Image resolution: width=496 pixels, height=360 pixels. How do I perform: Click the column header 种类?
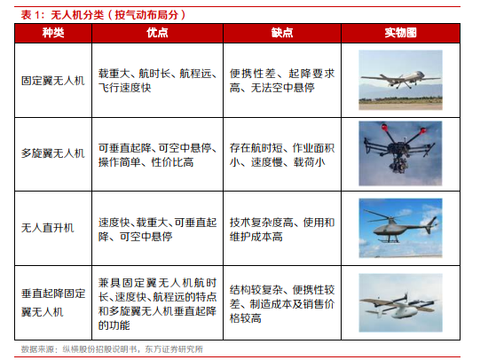coord(53,33)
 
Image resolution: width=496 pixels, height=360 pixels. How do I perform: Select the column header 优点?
coord(157,33)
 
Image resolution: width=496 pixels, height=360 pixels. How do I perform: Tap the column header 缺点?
coord(282,33)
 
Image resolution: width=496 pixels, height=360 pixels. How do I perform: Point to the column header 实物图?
coord(400,33)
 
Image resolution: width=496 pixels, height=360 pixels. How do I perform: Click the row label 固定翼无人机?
coord(53,81)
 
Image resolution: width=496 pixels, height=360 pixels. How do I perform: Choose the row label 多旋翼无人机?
coord(53,153)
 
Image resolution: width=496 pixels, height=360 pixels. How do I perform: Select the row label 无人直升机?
coord(47,228)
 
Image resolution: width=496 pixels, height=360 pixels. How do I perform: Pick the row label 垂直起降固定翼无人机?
coord(53,302)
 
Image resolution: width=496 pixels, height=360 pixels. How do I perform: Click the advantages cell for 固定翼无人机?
coord(158,81)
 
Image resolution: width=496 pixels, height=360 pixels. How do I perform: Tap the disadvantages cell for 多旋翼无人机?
coord(282,155)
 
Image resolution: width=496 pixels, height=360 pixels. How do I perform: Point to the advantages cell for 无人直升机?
coord(158,230)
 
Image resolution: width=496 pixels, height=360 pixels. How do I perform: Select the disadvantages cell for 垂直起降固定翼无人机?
coord(282,304)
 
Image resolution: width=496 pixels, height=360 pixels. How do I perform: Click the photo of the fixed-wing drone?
coord(400,80)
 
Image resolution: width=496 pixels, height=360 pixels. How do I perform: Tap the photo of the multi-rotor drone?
coord(400,153)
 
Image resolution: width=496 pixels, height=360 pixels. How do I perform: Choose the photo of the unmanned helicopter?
coord(400,228)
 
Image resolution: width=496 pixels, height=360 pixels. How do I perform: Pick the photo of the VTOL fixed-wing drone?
coord(400,302)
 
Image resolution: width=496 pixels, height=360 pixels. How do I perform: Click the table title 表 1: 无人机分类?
coord(103,14)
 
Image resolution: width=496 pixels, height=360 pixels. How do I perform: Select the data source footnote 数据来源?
coord(112,349)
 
